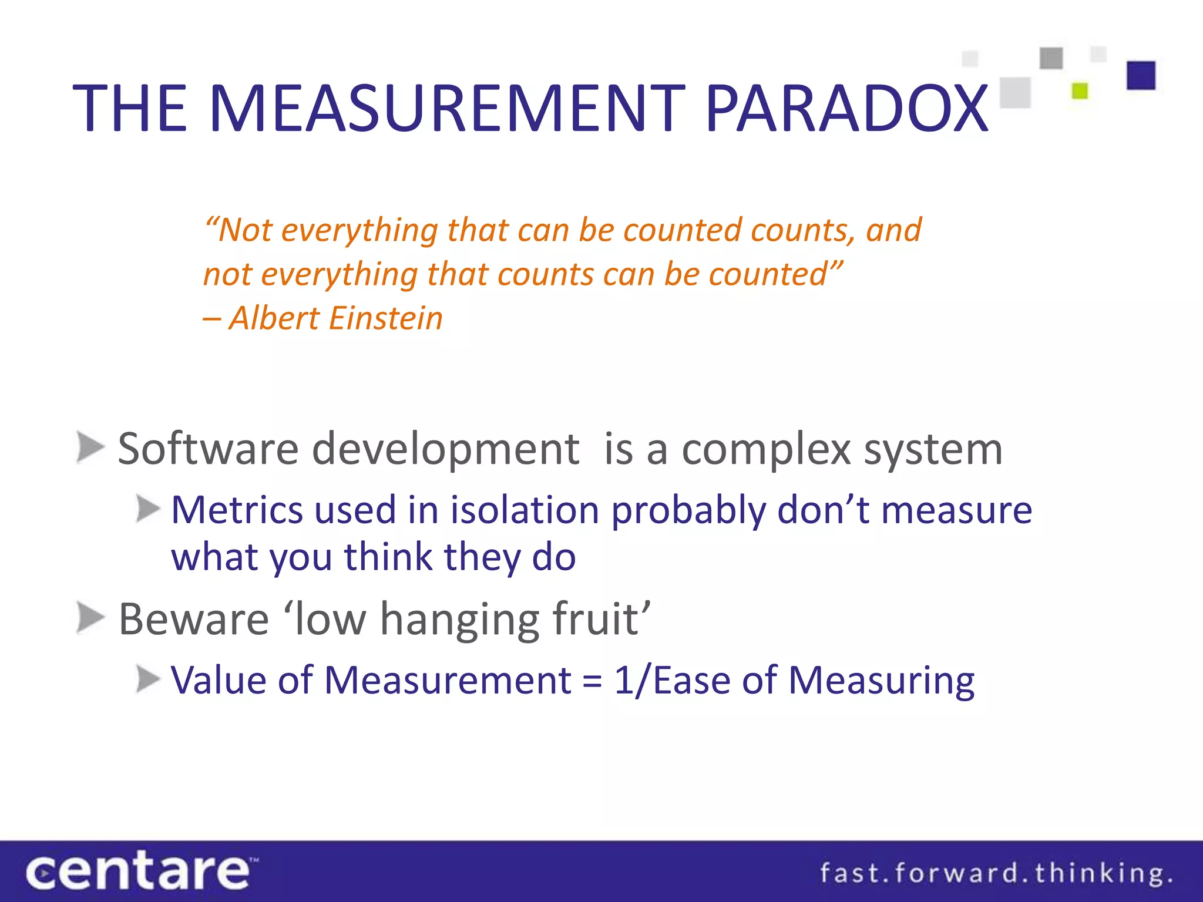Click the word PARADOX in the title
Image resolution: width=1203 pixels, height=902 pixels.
click(x=847, y=109)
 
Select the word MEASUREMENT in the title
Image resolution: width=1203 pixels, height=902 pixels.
click(x=447, y=109)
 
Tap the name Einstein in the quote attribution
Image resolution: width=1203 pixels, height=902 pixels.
click(x=385, y=318)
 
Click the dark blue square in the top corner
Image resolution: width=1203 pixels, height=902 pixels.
click(x=1141, y=76)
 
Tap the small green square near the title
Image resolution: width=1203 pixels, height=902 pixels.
click(x=1080, y=91)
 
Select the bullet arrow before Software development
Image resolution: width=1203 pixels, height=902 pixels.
click(x=90, y=448)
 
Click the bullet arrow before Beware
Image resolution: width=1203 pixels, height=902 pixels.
click(x=90, y=618)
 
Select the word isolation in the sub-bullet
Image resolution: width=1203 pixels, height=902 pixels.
click(x=525, y=510)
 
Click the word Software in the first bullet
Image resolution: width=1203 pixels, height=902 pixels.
click(x=209, y=449)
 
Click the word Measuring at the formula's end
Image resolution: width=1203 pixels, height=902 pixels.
click(x=881, y=681)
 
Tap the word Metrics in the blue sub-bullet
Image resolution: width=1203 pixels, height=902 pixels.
click(x=237, y=510)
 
